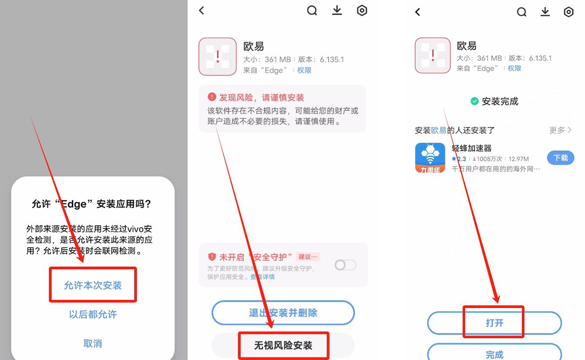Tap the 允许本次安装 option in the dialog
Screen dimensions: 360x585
[93, 285]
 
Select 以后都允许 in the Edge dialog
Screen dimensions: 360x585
[93, 314]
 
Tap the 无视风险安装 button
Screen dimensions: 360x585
[283, 346]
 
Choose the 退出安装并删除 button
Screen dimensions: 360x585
[283, 313]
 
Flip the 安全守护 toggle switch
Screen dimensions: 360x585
[345, 265]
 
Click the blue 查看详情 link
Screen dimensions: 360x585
[262, 277]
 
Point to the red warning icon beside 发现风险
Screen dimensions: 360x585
[212, 97]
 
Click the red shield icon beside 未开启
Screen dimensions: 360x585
[212, 257]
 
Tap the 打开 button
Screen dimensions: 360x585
[494, 323]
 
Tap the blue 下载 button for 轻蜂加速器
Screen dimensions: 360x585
[560, 158]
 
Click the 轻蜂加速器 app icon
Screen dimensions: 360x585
[430, 158]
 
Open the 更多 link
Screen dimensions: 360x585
[560, 130]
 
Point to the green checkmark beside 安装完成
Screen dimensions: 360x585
[474, 101]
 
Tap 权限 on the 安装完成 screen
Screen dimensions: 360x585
[514, 68]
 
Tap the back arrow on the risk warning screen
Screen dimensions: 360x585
[202, 10]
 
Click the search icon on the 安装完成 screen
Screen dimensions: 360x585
[522, 12]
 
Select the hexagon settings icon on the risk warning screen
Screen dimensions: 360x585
[362, 10]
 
